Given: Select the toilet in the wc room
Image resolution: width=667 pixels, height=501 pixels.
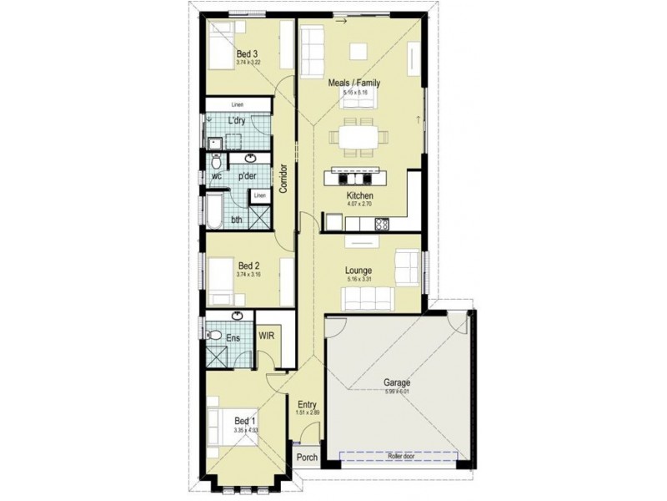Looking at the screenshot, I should tap(216, 159).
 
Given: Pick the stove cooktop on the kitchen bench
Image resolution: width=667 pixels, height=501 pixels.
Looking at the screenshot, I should tap(382, 223).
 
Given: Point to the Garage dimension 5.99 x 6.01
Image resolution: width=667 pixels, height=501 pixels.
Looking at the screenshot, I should tap(398, 392).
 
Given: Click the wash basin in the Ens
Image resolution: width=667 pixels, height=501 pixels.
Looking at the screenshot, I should tap(238, 316).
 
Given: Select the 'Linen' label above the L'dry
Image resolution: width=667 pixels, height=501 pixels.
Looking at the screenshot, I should tap(238, 105).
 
